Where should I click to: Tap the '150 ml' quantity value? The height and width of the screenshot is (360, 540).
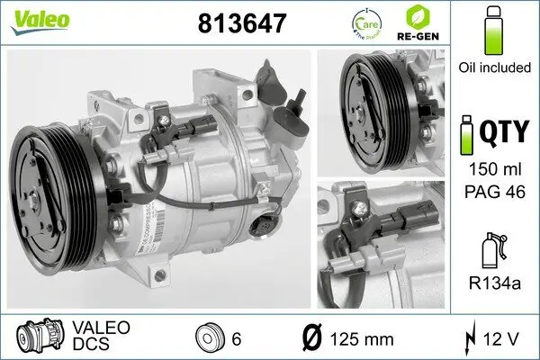(491, 170)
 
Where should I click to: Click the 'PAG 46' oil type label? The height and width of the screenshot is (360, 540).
(491, 191)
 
